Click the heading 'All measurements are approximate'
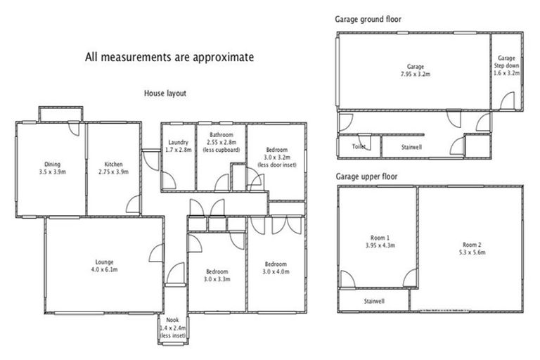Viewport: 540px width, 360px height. (169, 57)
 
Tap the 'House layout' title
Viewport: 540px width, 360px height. (165, 93)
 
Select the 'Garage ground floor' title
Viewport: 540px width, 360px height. (368, 19)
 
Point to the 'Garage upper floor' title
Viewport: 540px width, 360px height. (367, 176)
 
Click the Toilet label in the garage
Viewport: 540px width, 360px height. (359, 147)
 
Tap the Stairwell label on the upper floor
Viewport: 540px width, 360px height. (374, 301)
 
